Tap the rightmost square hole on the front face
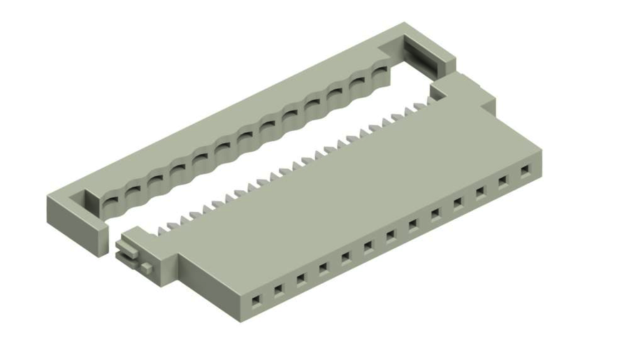pyautogui.click(x=525, y=170)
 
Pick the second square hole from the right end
pyautogui.click(x=503, y=181)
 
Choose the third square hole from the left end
pyautogui.click(x=301, y=279)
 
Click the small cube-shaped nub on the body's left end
pyautogui.click(x=145, y=267)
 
